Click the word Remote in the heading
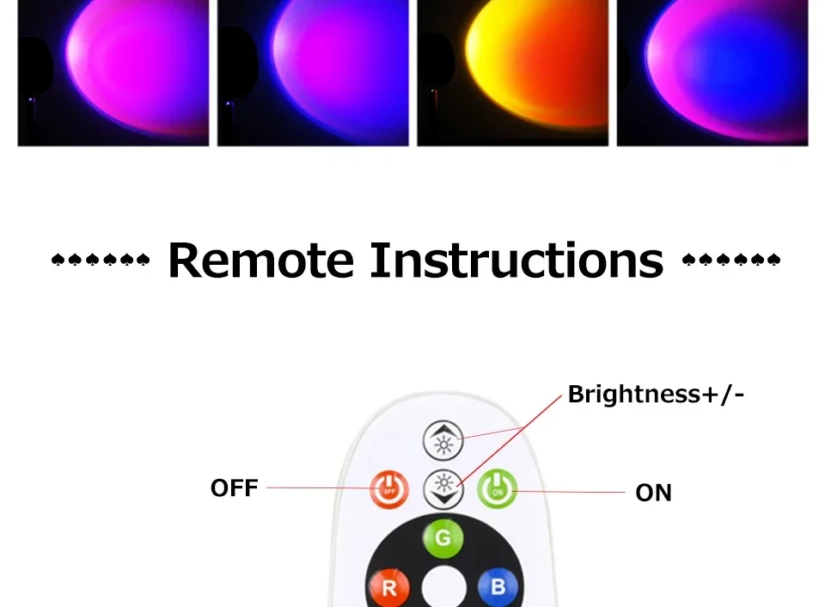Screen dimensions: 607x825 click(x=260, y=260)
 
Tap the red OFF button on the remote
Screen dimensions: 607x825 click(x=389, y=490)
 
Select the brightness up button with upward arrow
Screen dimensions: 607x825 click(x=443, y=440)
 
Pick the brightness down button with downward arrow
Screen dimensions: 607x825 click(x=443, y=487)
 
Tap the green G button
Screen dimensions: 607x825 click(x=443, y=539)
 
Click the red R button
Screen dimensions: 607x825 click(x=388, y=588)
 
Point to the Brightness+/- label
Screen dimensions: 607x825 click(x=656, y=395)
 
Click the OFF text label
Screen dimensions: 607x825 click(x=234, y=488)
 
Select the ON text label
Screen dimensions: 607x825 click(x=653, y=493)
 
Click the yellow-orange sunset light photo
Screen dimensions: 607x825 click(x=513, y=72)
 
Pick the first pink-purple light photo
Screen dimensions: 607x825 click(x=113, y=72)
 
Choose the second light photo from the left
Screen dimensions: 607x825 click(x=313, y=72)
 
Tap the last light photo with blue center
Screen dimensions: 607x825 click(x=712, y=72)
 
